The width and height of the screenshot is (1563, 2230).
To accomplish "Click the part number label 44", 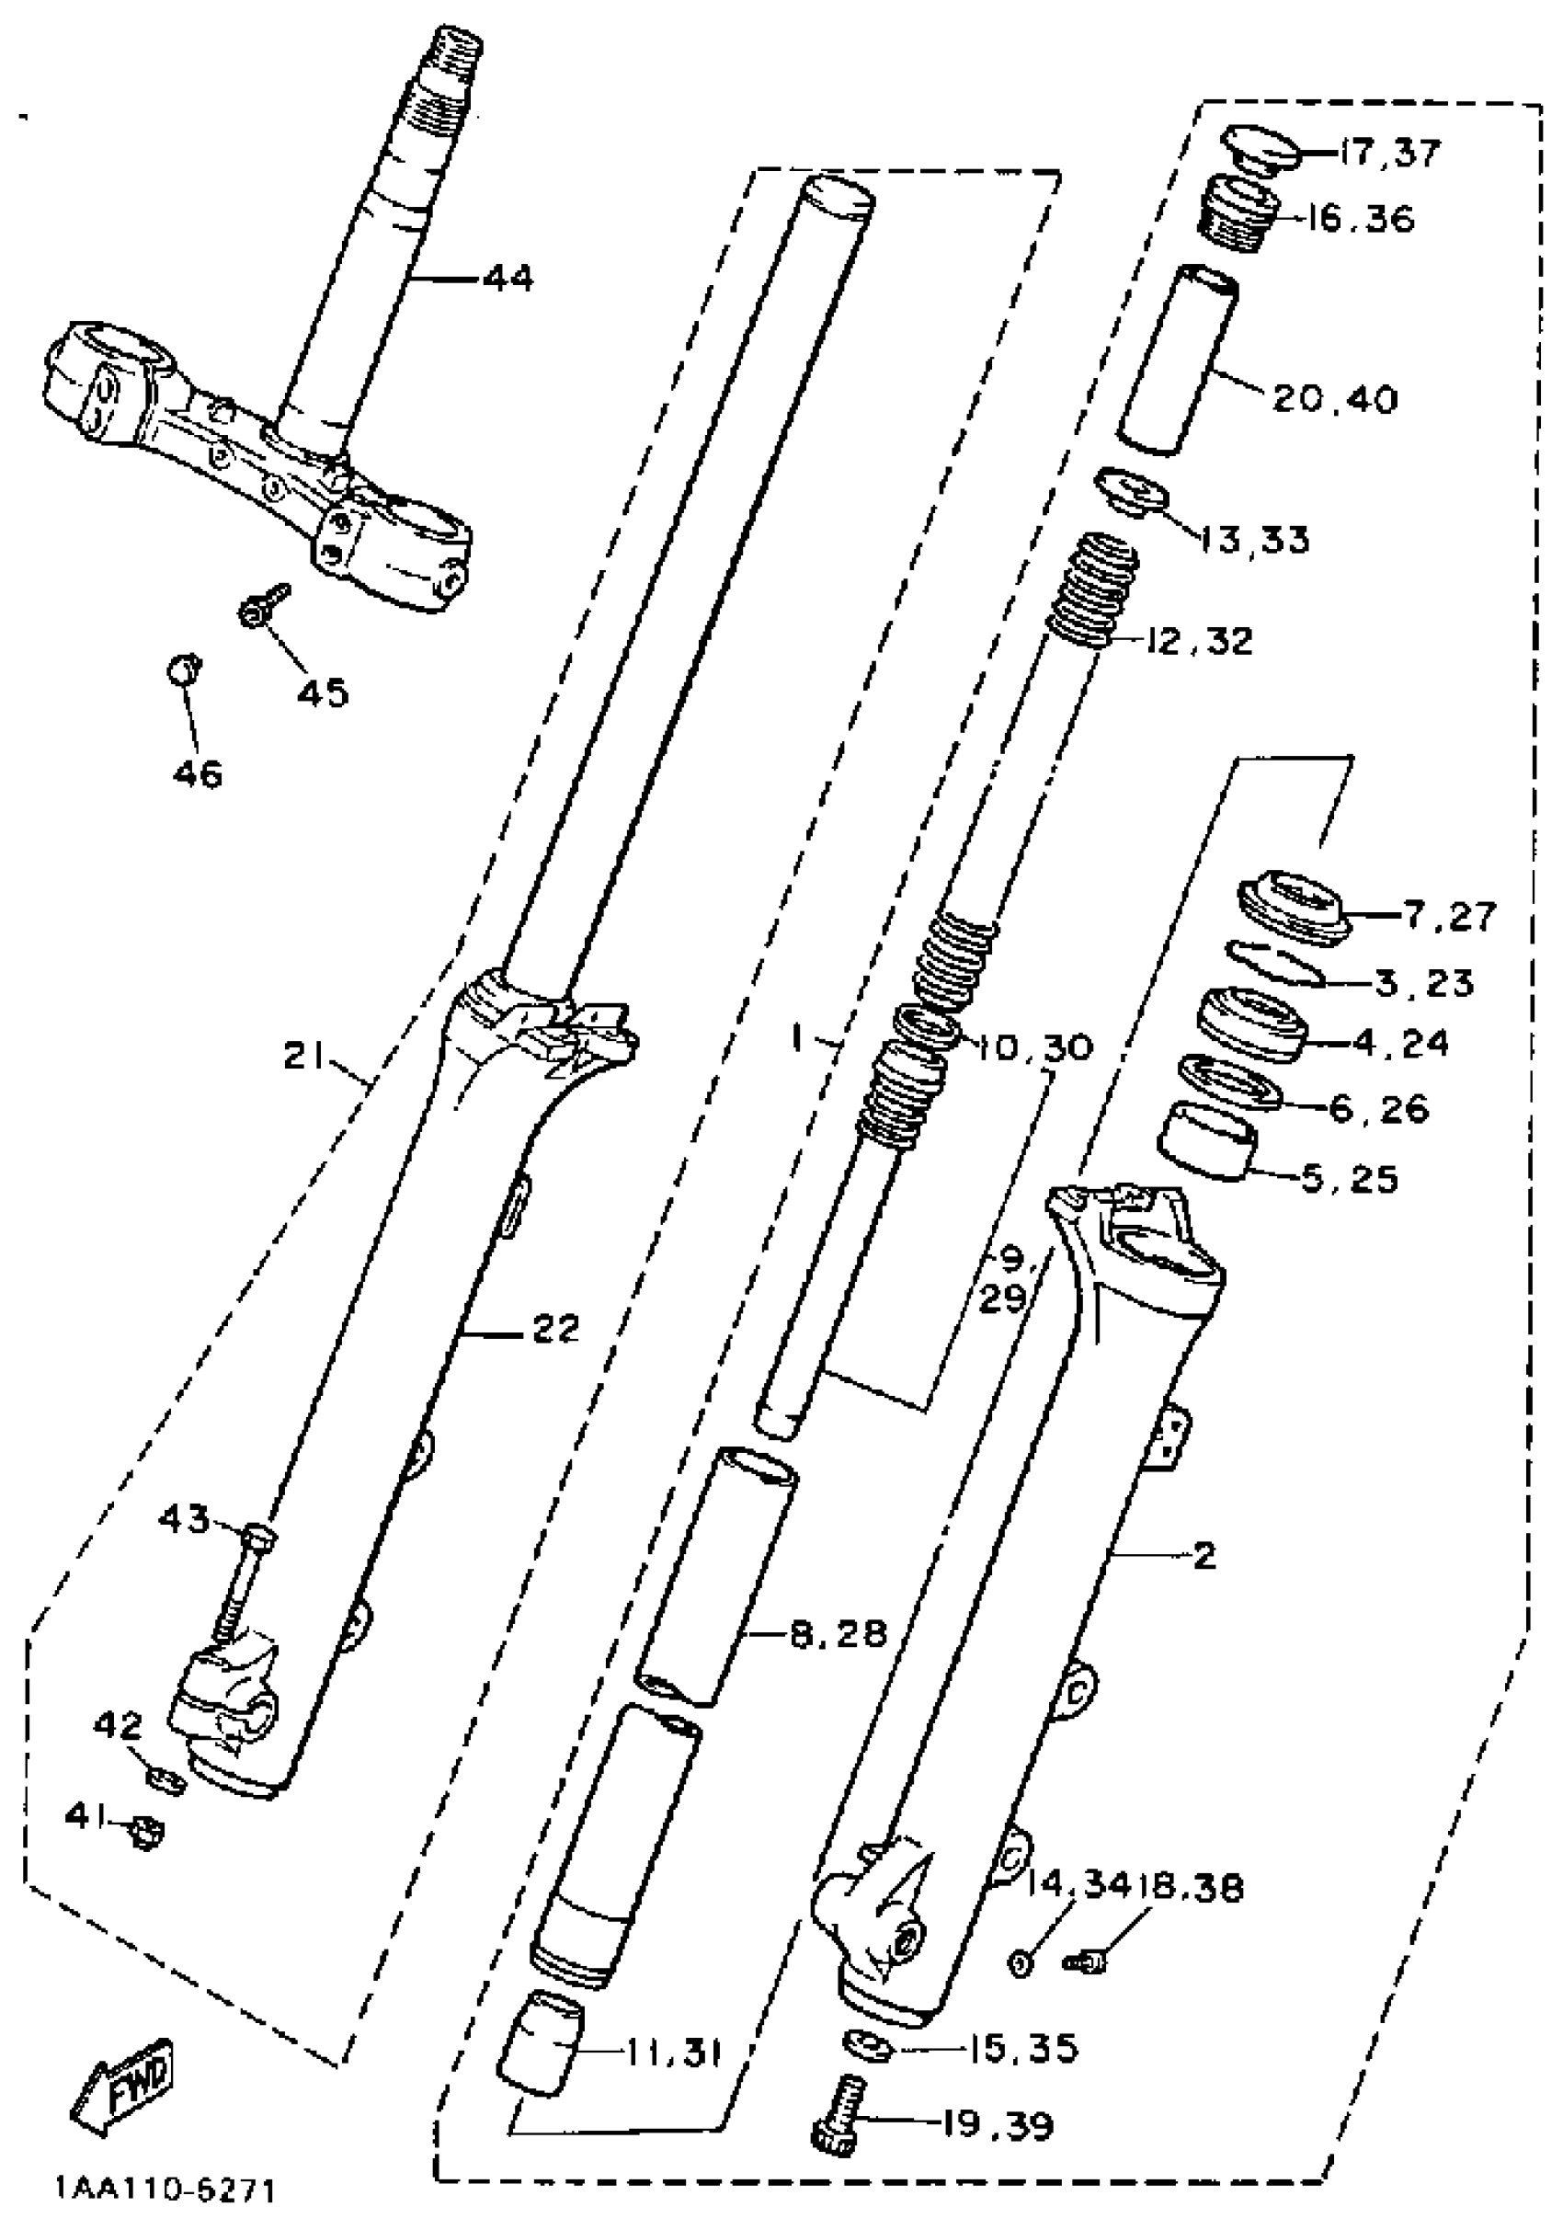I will click(x=508, y=280).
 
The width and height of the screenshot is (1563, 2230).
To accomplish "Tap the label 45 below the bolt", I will click(x=322, y=692).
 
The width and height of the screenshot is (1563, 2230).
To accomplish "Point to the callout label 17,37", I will click(x=1389, y=153).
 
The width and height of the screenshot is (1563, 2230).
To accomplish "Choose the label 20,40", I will click(x=1334, y=398).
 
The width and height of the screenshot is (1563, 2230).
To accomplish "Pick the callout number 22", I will click(x=554, y=1329).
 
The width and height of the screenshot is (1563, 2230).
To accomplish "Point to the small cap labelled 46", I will click(x=183, y=669).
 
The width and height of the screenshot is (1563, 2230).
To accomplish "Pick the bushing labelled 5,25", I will click(x=1206, y=1139).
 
